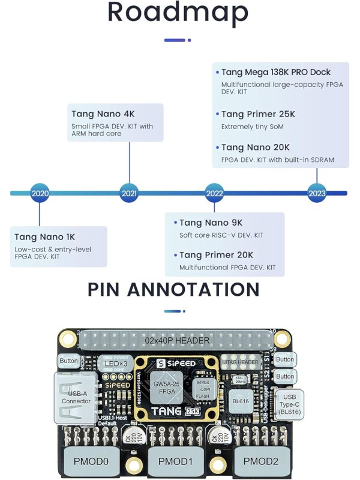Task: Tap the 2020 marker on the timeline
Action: click(40, 193)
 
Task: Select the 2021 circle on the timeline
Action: click(129, 193)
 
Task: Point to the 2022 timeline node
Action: click(214, 193)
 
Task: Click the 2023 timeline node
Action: click(317, 193)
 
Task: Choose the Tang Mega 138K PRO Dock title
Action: click(275, 72)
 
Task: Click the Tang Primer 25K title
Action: click(258, 114)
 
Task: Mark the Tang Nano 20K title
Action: click(255, 147)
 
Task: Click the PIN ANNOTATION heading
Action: click(173, 289)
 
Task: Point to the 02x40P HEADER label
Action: click(177, 340)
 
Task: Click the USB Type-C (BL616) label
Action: click(289, 404)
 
